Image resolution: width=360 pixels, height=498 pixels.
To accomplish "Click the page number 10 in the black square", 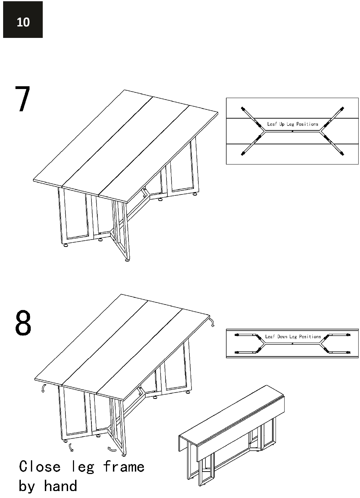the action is click(x=23, y=22).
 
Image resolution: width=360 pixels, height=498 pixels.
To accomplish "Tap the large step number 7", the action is click(x=23, y=98).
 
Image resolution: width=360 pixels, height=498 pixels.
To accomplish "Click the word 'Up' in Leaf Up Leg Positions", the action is click(x=281, y=124).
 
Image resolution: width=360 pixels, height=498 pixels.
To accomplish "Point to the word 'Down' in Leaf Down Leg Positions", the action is click(x=282, y=337).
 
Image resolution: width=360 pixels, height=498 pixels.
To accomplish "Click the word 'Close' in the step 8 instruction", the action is click(x=40, y=467).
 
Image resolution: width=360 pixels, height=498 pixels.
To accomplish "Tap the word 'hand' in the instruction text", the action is click(x=60, y=486).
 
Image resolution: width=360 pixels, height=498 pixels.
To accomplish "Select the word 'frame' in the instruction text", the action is click(x=124, y=467).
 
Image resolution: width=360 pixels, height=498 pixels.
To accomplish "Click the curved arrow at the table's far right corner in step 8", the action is click(x=212, y=322).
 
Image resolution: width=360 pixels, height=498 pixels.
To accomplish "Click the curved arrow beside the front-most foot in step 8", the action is click(x=112, y=450).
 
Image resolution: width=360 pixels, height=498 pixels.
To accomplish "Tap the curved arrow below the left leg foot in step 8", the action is click(x=71, y=447).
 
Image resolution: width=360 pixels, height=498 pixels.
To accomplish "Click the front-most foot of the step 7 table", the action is click(x=127, y=259).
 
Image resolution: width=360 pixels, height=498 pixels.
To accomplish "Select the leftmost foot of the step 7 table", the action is click(x=65, y=246).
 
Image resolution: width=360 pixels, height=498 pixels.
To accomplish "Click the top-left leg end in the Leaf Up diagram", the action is click(x=243, y=109).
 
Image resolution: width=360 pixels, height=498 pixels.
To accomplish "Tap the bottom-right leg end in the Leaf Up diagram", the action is click(x=342, y=153).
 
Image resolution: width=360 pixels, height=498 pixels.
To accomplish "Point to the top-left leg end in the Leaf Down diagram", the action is click(x=237, y=335).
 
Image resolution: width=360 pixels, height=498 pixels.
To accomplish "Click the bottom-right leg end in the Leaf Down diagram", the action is click(x=349, y=352).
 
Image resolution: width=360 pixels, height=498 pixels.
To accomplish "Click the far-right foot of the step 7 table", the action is click(x=195, y=194).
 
